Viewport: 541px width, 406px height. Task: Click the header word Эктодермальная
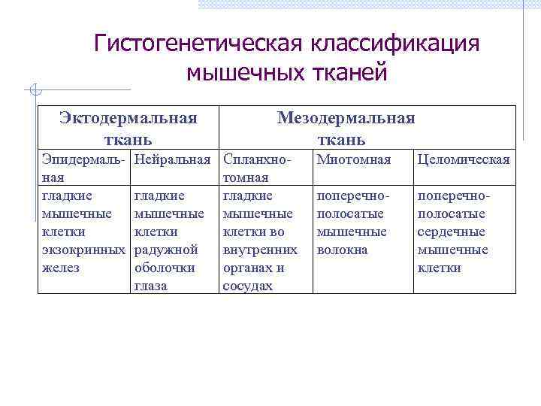pyautogui.click(x=128, y=117)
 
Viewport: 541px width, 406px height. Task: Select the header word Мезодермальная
pyautogui.click(x=346, y=117)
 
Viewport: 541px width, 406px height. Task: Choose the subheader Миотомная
pyautogui.click(x=354, y=159)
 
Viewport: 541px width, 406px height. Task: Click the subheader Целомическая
pyautogui.click(x=464, y=159)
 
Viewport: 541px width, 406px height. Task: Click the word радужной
pyautogui.click(x=165, y=250)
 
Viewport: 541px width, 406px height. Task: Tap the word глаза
pyautogui.click(x=150, y=286)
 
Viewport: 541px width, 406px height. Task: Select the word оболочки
pyautogui.click(x=164, y=268)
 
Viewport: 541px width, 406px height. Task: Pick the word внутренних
pyautogui.click(x=260, y=250)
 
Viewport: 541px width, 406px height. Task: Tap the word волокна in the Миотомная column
pyautogui.click(x=343, y=250)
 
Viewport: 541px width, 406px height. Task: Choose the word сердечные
pyautogui.click(x=452, y=232)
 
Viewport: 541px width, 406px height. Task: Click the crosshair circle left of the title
pyautogui.click(x=33, y=92)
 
